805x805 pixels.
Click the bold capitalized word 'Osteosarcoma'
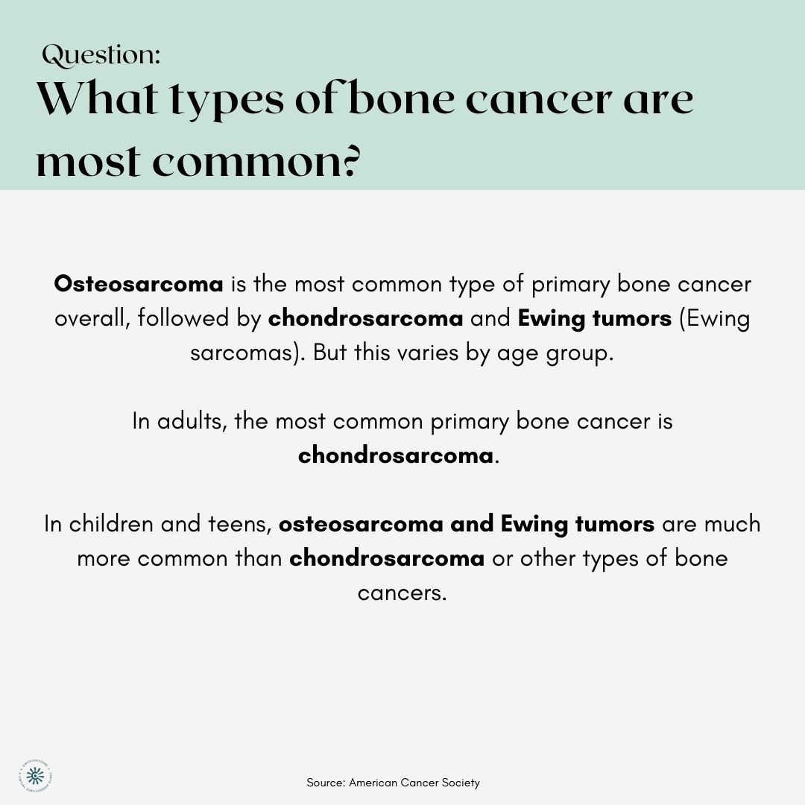(x=139, y=284)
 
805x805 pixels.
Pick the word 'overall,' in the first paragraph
(x=92, y=318)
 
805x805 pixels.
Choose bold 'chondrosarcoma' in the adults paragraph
(x=396, y=455)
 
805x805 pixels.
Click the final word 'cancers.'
(x=402, y=593)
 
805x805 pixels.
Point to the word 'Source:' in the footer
(x=326, y=783)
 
